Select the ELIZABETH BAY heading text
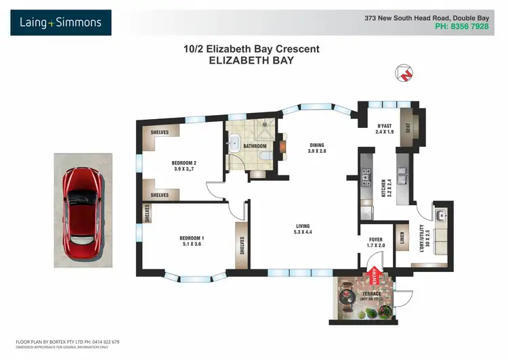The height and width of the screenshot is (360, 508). [251, 60]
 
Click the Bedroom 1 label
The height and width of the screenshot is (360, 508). [192, 241]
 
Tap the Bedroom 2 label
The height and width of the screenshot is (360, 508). [184, 166]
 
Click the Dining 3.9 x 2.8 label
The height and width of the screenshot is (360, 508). [318, 148]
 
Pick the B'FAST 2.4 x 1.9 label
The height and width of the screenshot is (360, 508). [385, 129]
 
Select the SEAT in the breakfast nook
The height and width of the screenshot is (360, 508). [407, 123]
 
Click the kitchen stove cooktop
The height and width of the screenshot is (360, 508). [366, 176]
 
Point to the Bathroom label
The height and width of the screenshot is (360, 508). [255, 145]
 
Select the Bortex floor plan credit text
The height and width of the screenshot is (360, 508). [68, 342]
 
